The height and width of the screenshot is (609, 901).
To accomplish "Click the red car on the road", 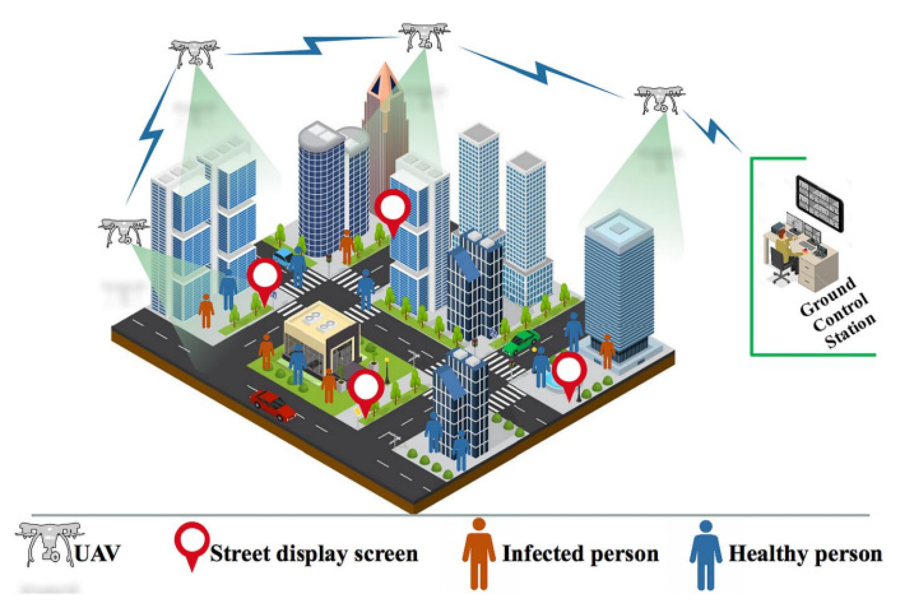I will click(x=272, y=405).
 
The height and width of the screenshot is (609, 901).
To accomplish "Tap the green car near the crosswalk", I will click(x=521, y=342).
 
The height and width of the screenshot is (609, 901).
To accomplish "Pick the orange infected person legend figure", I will click(x=479, y=553).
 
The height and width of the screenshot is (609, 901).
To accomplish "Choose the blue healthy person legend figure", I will click(x=705, y=554).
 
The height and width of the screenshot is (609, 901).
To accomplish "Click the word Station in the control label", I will click(x=850, y=331).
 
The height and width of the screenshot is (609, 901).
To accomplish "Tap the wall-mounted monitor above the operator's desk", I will click(x=819, y=203).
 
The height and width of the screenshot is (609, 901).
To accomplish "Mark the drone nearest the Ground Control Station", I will click(x=659, y=99).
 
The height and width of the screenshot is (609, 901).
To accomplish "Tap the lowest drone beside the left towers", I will click(x=124, y=231).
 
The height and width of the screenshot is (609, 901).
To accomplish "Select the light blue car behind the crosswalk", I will click(x=283, y=256).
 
